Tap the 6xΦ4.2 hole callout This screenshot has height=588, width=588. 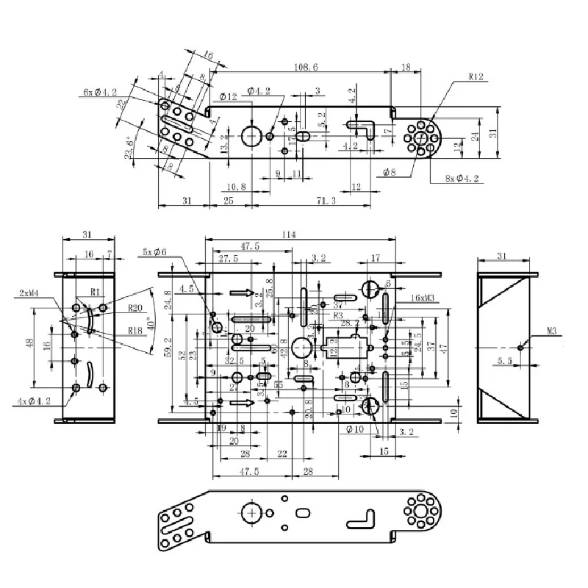100,93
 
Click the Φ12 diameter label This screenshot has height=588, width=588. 228,96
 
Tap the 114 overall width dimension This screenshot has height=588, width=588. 287,234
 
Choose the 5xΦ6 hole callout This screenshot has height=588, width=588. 155,252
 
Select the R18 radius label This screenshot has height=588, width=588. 135,331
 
